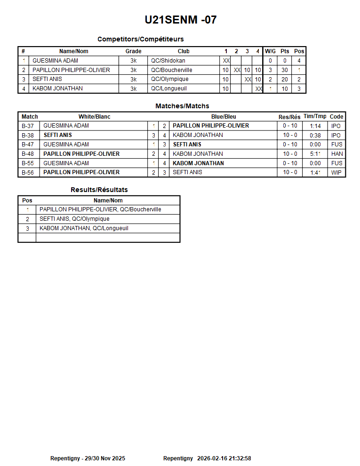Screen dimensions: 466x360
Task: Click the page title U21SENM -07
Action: coord(181,20)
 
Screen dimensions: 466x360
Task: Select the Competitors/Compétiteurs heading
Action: coord(140,39)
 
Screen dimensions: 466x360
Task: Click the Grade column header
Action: coord(133,51)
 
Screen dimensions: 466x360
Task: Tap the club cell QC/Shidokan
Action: coord(168,61)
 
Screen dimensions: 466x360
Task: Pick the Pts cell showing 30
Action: coord(285,70)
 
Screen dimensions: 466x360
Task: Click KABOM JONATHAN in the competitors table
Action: coord(57,88)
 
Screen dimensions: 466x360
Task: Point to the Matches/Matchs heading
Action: coord(182,106)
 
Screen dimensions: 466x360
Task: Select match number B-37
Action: coord(28,126)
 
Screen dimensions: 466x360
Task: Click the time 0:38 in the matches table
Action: coord(315,135)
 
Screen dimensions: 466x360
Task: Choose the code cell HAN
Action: coord(336,154)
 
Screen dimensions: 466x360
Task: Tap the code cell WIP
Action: coord(336,172)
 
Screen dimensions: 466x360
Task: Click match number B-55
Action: coord(28,163)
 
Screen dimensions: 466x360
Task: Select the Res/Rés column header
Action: coord(289,117)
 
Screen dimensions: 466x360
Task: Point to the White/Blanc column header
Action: coord(94,117)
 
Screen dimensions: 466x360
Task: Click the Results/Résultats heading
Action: coord(99,190)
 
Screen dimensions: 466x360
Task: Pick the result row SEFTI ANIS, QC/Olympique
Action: coord(74,219)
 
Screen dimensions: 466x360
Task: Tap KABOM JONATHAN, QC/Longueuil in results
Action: coord(84,228)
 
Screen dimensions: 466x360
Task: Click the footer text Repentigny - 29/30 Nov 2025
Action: coord(88,458)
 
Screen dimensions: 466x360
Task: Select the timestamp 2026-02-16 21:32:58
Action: coord(224,458)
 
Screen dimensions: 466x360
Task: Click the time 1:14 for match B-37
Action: coord(315,126)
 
